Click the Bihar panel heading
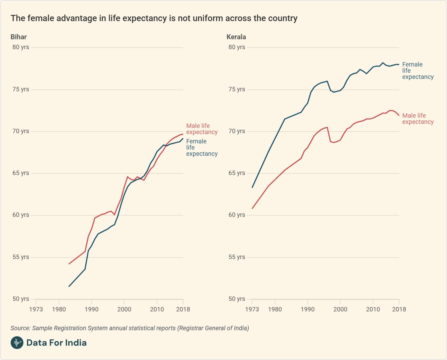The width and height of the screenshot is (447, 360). pos(19,37)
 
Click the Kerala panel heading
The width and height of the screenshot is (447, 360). pos(236,37)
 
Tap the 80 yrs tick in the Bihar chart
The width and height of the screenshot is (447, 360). pos(21,47)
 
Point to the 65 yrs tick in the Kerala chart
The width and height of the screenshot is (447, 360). pos(237,173)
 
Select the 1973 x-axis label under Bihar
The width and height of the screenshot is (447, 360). pos(36,309)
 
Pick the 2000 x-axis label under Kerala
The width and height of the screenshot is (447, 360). pos(340,309)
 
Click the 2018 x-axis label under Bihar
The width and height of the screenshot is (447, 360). pos(183,309)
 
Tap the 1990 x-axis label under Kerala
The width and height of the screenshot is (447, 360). pos(307,309)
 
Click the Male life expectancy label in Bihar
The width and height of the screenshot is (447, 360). pos(202,129)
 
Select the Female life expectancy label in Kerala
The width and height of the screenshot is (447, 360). pos(418,71)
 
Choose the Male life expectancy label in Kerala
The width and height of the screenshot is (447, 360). pos(418,119)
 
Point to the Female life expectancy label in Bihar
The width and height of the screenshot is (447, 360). pos(202,147)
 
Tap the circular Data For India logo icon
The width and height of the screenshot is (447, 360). pos(17,343)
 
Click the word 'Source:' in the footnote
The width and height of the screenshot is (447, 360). pos(20,328)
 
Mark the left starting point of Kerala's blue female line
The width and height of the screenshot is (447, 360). pos(252,187)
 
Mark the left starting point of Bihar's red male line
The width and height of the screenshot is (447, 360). pos(69,264)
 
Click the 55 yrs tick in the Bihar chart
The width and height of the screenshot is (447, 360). pos(21,257)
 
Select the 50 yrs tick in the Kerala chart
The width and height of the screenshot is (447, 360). pos(237,299)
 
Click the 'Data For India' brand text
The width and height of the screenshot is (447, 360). pos(56,343)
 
